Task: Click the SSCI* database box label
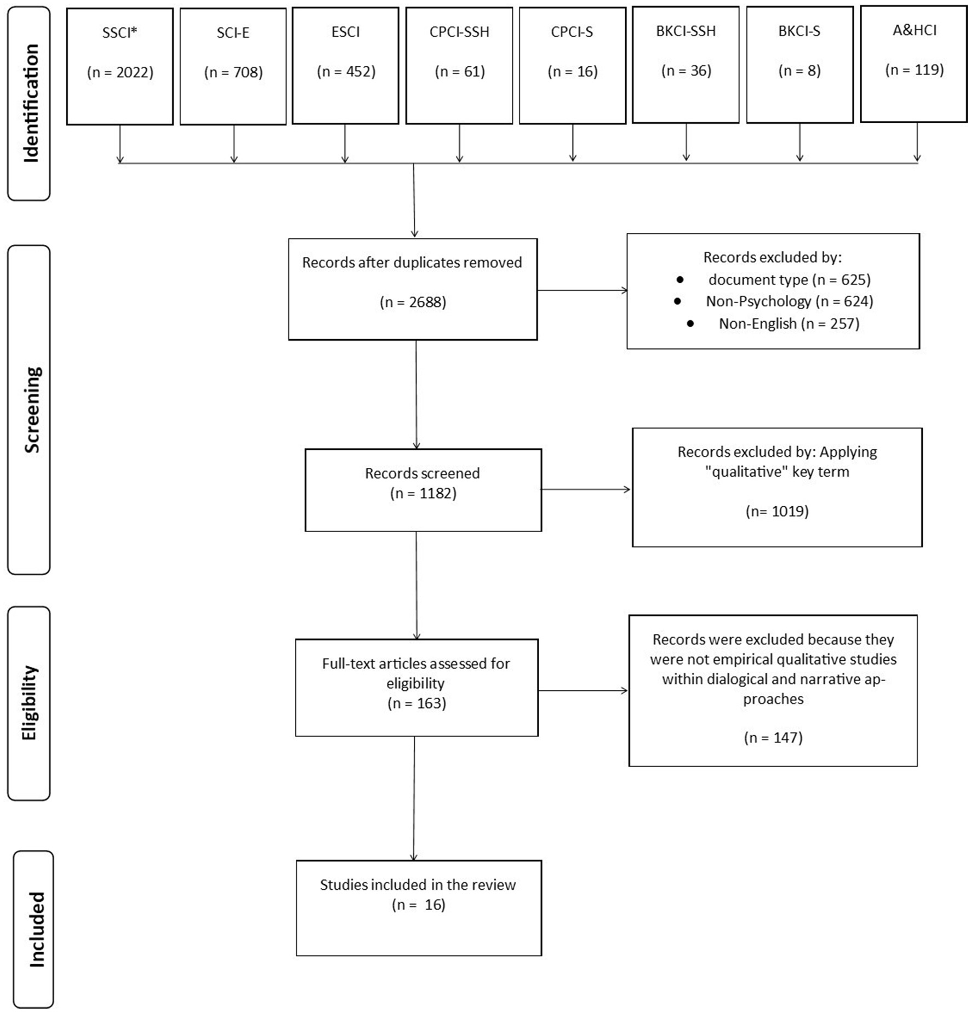tap(119, 33)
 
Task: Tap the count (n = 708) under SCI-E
tap(233, 72)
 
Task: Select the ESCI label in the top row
tap(345, 32)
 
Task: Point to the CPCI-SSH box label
tap(459, 32)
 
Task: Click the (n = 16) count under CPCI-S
tap(572, 72)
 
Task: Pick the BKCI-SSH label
tap(686, 31)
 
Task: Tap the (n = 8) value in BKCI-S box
tap(799, 71)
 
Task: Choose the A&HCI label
tap(914, 30)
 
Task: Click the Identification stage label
tap(31, 103)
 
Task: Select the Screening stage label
tap(31, 409)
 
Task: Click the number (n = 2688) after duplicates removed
tap(413, 302)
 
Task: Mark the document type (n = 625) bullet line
tap(789, 280)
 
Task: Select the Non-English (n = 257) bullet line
tap(789, 324)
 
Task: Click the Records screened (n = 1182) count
tap(423, 493)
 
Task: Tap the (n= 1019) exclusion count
tap(776, 511)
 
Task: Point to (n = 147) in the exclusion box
tap(773, 737)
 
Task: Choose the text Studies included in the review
tap(418, 885)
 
